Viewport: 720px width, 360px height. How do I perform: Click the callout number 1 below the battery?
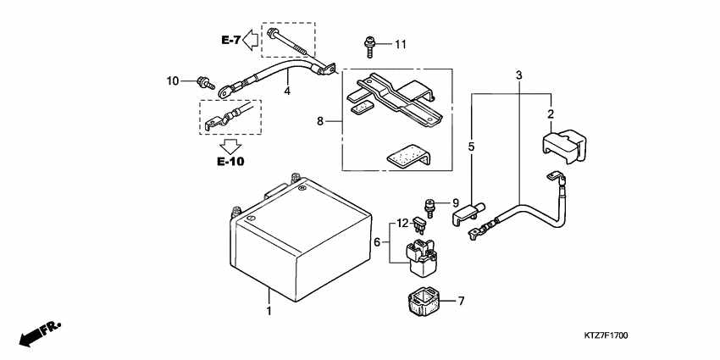(x=269, y=311)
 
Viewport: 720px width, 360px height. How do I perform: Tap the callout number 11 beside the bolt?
(x=401, y=45)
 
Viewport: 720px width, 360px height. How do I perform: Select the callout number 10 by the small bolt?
(x=173, y=81)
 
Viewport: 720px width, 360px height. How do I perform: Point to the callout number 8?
(x=320, y=121)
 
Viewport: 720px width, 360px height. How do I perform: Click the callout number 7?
(x=461, y=302)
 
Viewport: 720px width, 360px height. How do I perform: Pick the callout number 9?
(x=456, y=202)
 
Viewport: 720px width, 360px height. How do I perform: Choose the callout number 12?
(x=402, y=224)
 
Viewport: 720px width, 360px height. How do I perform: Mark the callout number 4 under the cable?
(x=287, y=91)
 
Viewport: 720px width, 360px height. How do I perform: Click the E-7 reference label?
(x=230, y=41)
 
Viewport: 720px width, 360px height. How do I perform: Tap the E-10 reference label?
(x=231, y=162)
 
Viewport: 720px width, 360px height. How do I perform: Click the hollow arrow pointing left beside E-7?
(x=250, y=40)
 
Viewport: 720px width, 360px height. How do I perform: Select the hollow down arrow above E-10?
(x=230, y=147)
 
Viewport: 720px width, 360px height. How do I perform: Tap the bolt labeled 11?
(x=369, y=47)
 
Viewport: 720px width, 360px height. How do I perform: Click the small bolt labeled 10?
(x=206, y=83)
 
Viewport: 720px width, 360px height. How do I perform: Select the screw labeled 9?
(x=430, y=208)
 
